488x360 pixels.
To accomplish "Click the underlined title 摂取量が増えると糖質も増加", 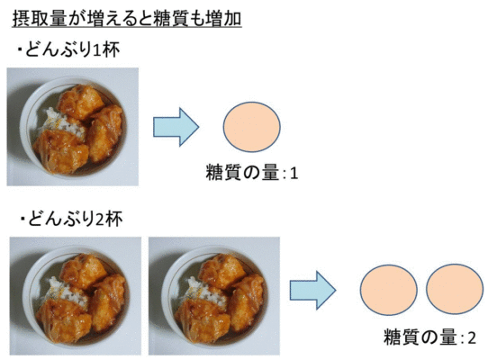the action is pos(127,18).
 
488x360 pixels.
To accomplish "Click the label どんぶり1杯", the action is pos(68,49).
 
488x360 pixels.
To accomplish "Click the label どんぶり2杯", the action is pos(72,219).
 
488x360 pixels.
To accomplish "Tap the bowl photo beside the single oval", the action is pos(73,127).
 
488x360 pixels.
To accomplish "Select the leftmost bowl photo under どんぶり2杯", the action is pos(76,296).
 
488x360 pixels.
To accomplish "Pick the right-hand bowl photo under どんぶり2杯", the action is pos(214,296).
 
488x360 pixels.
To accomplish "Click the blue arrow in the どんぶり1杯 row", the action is pos(176,127).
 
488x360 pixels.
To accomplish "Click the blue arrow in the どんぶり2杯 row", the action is pos(313,290).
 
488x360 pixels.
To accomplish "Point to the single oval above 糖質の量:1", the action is pos(251,127).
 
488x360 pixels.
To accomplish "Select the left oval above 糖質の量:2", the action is pos(389,290).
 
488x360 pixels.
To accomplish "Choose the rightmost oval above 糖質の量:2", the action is pos(455,289).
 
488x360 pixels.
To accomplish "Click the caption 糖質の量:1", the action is pos(252,173).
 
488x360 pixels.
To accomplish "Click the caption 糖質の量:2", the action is pos(429,337).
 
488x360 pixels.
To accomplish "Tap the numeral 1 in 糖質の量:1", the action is pos(294,174).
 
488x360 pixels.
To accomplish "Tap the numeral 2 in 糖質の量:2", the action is pos(472,337).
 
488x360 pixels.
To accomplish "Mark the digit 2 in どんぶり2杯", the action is pos(100,220).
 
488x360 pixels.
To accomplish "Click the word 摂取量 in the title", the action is pos(40,18).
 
